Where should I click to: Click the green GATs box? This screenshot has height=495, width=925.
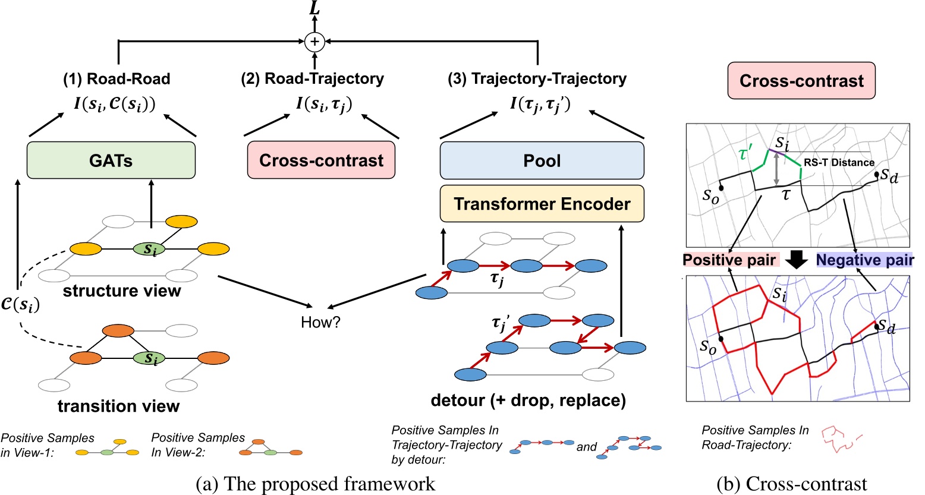[111, 160]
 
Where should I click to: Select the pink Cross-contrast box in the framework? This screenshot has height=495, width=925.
[321, 160]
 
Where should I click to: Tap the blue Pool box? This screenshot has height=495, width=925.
[542, 160]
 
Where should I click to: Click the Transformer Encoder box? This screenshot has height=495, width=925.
[542, 204]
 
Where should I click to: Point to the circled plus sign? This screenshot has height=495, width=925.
[314, 42]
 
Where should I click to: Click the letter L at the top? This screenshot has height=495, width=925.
[314, 8]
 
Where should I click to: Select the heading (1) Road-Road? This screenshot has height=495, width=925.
[117, 78]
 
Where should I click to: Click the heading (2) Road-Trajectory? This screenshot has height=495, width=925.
[313, 78]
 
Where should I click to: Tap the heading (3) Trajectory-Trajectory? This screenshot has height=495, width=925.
[537, 78]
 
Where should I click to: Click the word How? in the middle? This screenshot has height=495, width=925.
[320, 322]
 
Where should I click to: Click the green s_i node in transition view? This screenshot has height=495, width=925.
[152, 358]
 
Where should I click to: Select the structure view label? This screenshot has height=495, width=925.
[121, 291]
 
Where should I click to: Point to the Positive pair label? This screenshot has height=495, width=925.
[729, 260]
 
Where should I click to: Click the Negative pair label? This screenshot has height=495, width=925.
[864, 260]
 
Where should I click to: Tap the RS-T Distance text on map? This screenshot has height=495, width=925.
[839, 162]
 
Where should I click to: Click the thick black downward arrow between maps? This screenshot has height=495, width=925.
[797, 260]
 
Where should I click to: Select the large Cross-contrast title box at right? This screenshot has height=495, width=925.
[801, 81]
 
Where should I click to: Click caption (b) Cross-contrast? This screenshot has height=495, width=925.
[792, 484]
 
